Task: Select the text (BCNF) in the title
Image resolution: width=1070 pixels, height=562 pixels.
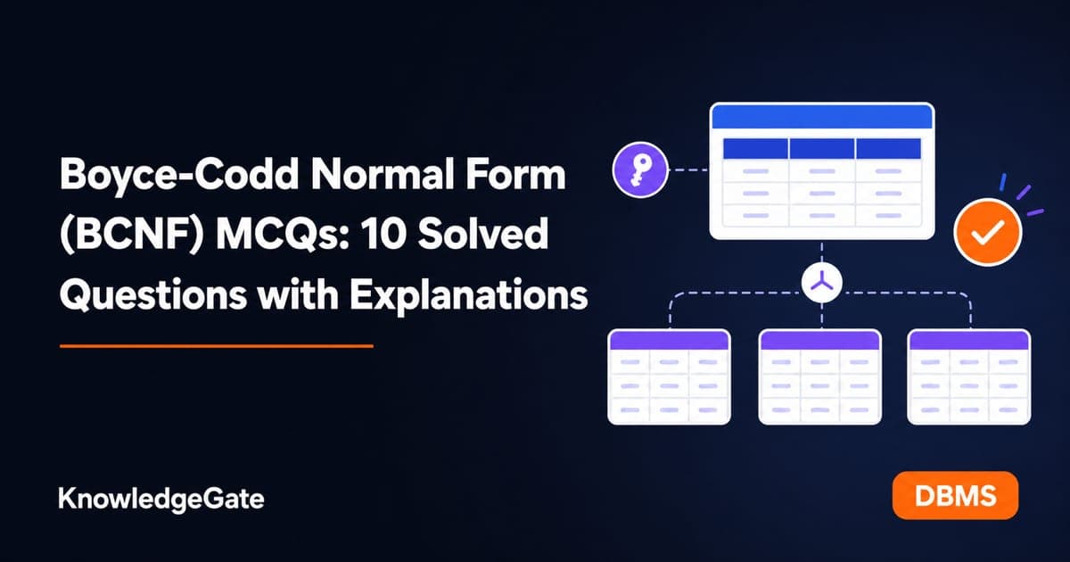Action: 132,236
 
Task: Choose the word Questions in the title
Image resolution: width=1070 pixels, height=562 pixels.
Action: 153,295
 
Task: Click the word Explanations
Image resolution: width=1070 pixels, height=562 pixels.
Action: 469,296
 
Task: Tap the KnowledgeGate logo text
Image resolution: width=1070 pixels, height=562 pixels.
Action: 161,500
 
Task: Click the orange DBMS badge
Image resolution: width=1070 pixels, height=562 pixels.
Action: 955,496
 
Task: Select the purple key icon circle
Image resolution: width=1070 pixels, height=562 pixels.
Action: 640,170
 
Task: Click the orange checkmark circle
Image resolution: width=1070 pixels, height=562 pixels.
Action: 987,233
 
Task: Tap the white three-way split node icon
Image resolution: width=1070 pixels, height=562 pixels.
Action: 821,284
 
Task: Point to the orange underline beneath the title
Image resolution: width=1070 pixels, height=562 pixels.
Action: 217,346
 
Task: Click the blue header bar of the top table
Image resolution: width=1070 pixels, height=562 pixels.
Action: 822,117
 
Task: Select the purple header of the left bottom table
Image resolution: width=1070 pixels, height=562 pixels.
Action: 670,340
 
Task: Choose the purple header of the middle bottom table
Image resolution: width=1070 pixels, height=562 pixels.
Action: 819,340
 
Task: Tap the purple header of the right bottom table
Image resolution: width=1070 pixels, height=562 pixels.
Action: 968,340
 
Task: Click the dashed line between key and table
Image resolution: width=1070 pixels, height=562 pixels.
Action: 688,169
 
